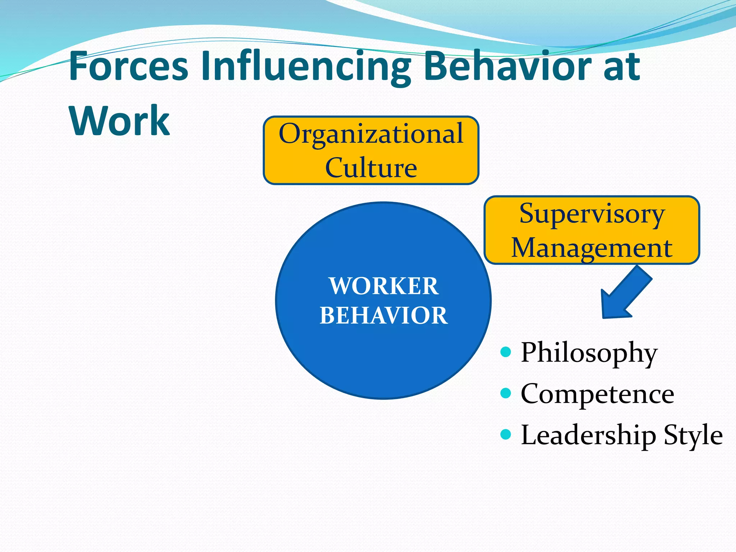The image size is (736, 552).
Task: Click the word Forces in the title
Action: click(x=128, y=66)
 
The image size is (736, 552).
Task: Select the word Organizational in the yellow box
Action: click(x=371, y=134)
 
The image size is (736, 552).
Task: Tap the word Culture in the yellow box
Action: click(x=371, y=167)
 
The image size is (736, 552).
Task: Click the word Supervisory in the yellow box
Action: click(x=592, y=214)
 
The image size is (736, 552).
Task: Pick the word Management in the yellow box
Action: click(x=592, y=248)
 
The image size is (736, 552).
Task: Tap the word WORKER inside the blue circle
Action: click(x=383, y=286)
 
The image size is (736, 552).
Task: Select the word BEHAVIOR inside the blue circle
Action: click(x=383, y=316)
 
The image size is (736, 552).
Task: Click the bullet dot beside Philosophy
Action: click(x=506, y=351)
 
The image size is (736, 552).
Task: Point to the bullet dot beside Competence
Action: click(x=506, y=393)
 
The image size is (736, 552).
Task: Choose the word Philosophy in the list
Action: click(x=589, y=353)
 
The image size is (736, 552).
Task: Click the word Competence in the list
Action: click(x=597, y=394)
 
